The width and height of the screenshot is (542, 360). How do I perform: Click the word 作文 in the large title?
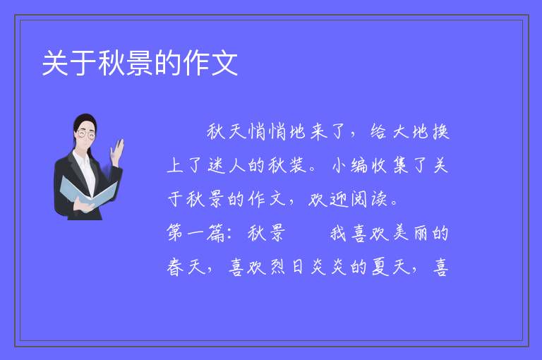pyautogui.click(x=210, y=63)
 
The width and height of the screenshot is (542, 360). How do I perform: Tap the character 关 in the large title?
pyautogui.click(x=54, y=63)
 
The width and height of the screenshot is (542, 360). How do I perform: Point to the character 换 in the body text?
pyautogui.click(x=440, y=132)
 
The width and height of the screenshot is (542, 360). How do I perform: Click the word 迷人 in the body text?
pyautogui.click(x=227, y=165)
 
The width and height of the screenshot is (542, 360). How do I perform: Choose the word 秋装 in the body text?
pyautogui.click(x=288, y=165)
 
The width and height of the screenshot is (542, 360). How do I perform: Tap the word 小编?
pyautogui.click(x=350, y=165)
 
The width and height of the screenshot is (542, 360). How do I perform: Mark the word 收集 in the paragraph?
pyautogui.click(x=390, y=165)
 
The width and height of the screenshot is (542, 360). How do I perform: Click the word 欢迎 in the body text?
pyautogui.click(x=327, y=199)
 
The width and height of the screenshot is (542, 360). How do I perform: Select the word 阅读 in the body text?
pyautogui.click(x=369, y=199)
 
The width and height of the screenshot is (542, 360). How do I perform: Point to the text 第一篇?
pyautogui.click(x=196, y=232)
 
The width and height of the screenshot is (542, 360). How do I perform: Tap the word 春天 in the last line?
pyautogui.click(x=186, y=267)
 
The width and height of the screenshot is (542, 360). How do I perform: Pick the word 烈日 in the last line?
pyautogui.click(x=287, y=267)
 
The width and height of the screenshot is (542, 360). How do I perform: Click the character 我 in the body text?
pyautogui.click(x=339, y=232)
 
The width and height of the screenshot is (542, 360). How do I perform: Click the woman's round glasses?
pyautogui.click(x=86, y=134)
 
